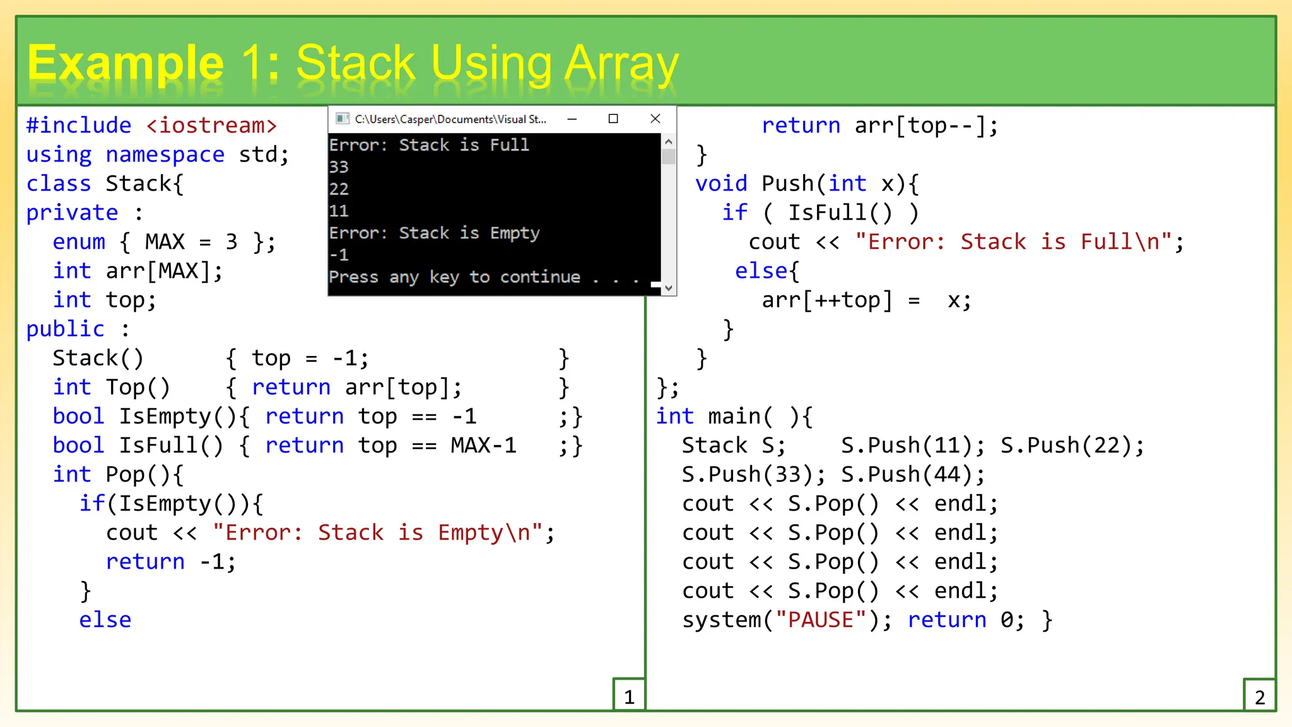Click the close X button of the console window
655,119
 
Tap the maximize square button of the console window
613,119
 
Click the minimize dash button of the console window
572,119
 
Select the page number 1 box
629,696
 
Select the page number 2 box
1259,696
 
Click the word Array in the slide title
621,64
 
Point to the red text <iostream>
211,126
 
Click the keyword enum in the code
79,242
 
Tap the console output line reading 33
339,167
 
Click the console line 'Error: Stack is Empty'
434,233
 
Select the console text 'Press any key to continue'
454,277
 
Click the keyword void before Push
721,184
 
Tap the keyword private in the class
72,213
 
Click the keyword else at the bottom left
105,620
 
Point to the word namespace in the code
165,155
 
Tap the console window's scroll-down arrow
669,288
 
